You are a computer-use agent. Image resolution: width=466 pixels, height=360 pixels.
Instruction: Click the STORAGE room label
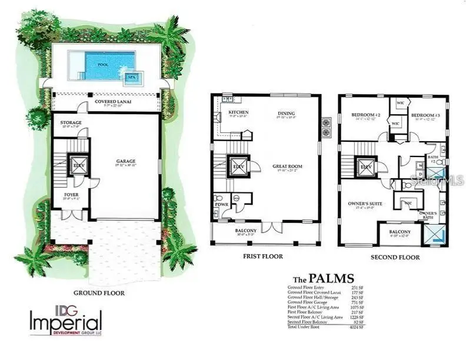click(x=71, y=123)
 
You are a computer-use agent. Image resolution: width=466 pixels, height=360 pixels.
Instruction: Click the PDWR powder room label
click(x=221, y=205)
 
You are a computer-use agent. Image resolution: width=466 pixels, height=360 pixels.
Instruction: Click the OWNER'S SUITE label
click(x=361, y=203)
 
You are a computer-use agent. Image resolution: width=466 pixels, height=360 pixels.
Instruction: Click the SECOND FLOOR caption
click(x=395, y=257)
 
